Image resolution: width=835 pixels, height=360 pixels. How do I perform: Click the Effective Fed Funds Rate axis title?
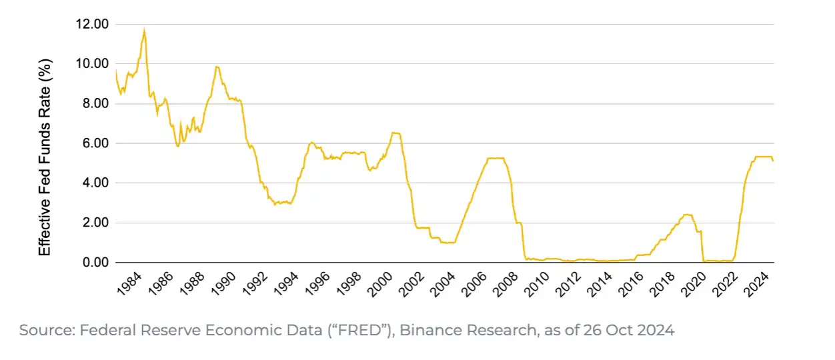click(x=45, y=156)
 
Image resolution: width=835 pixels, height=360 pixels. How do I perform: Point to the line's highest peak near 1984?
click(x=144, y=30)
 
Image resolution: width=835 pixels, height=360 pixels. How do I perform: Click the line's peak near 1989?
click(x=217, y=67)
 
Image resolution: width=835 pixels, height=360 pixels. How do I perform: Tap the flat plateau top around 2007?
click(x=496, y=158)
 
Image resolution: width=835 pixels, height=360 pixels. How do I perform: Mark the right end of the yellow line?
click(x=773, y=161)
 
